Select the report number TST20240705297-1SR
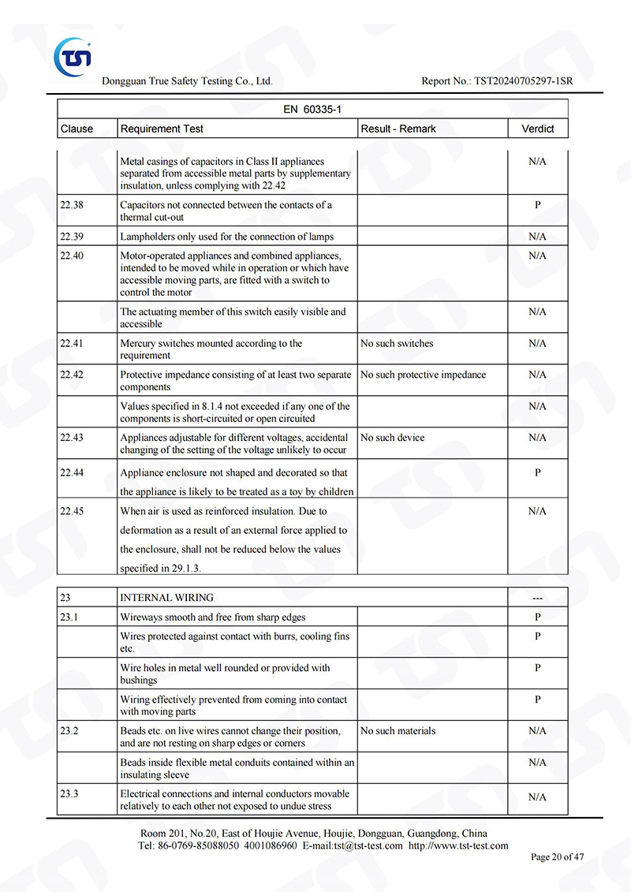524,81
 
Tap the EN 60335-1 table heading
312,110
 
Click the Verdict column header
538,129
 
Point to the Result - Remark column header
398,129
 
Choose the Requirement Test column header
162,129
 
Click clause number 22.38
72,205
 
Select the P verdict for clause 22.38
538,205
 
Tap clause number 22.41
72,344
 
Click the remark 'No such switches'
397,344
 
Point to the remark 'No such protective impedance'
423,375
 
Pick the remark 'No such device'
392,438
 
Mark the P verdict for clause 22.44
538,472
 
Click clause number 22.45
72,511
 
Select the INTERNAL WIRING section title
166,598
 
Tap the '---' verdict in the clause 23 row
538,598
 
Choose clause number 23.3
69,794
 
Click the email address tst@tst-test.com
368,845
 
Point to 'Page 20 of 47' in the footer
558,857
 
